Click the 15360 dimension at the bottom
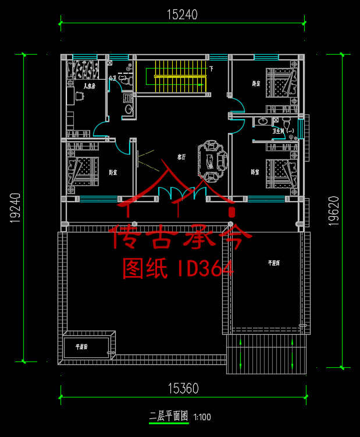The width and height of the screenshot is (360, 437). point(183,388)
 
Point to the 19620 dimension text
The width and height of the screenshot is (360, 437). point(333,209)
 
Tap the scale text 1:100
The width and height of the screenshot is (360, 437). point(202,417)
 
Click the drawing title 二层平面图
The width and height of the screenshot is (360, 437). point(169,416)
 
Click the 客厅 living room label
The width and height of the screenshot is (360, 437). point(181,157)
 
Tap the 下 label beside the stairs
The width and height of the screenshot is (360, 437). point(211,69)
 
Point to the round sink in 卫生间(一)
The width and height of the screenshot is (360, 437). point(263,121)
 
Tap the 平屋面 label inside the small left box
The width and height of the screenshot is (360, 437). point(81,347)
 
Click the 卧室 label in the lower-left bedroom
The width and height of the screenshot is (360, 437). point(113,173)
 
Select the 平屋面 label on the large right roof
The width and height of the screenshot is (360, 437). point(274,263)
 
